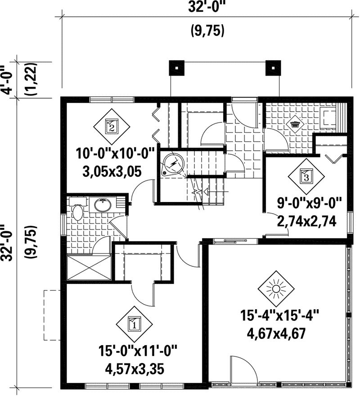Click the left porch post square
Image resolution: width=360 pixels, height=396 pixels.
tap(176, 68)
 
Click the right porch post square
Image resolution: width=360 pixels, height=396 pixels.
tap(273, 68)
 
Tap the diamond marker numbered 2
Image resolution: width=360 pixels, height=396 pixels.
tap(112, 126)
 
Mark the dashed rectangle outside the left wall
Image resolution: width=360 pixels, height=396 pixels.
tap(52, 315)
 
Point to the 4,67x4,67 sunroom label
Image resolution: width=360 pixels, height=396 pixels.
tap(276, 333)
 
